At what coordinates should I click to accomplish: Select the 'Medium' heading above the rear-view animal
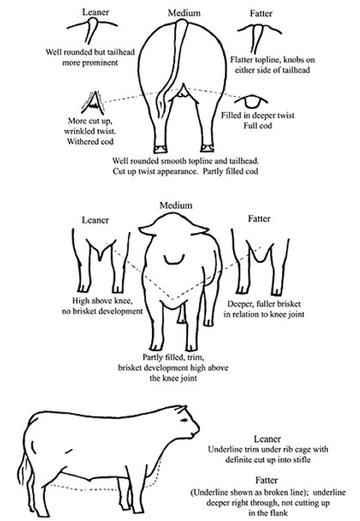pyautogui.click(x=175, y=12)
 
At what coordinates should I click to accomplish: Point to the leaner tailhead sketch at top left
pyautogui.click(x=91, y=30)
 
